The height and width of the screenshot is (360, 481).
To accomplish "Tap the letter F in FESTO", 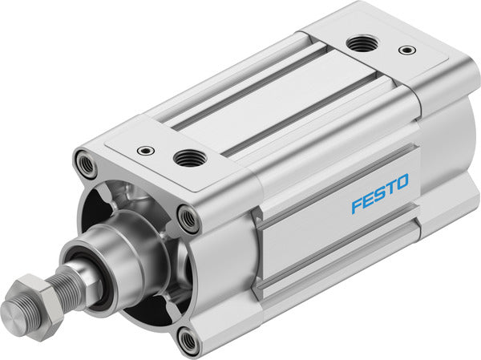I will [x=356, y=205].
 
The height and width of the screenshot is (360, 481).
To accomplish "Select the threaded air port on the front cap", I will [x=189, y=157].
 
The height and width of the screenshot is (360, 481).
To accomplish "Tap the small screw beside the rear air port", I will [x=407, y=51].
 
